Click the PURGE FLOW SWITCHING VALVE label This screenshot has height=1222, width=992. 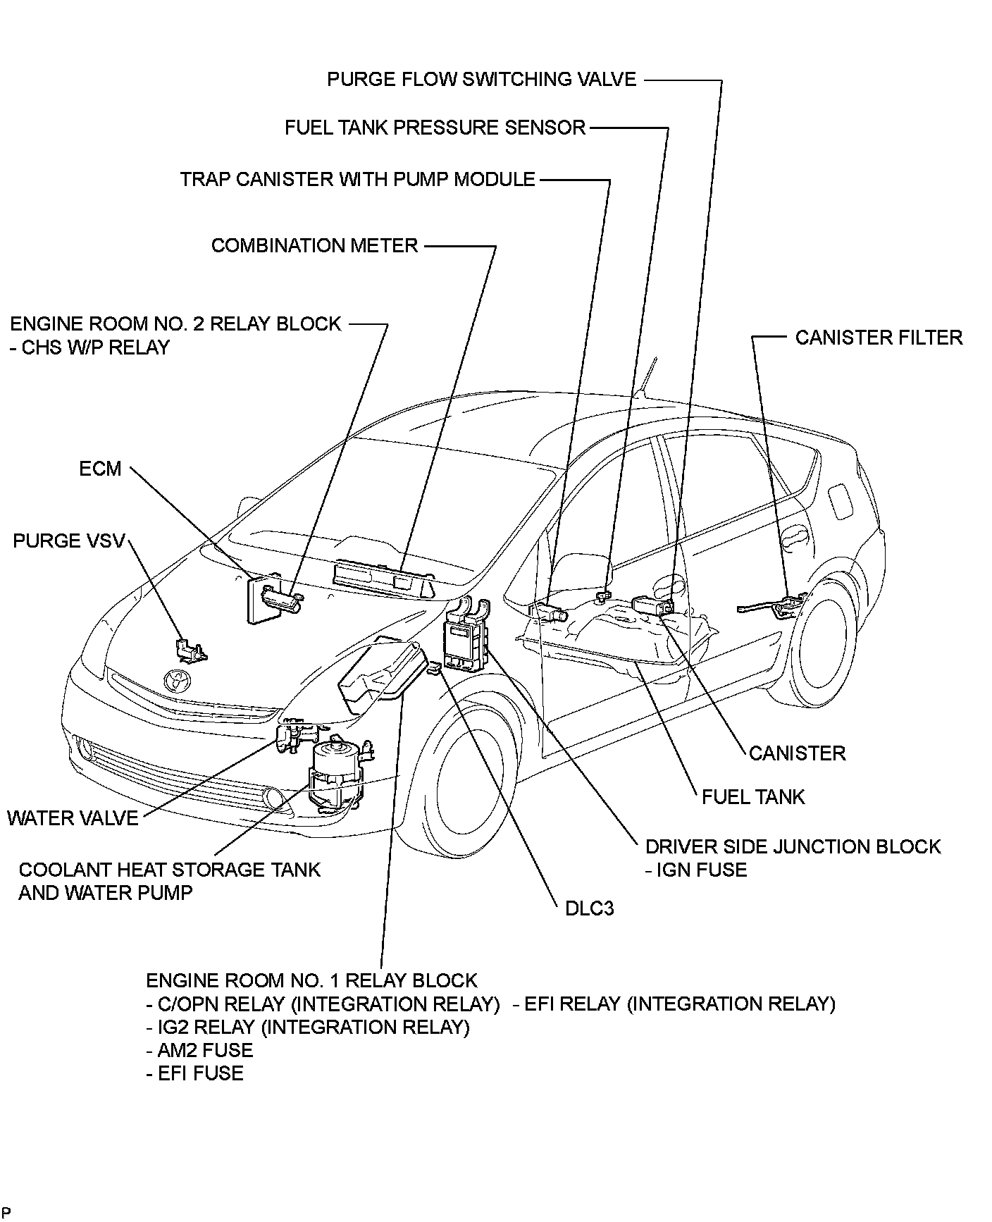(481, 79)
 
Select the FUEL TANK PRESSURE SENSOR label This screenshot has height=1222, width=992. (435, 128)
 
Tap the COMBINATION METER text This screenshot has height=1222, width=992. (314, 245)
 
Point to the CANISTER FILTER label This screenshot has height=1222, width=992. (879, 338)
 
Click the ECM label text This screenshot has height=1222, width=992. (100, 469)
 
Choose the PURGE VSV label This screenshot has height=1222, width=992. (68, 541)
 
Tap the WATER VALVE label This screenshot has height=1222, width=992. (73, 818)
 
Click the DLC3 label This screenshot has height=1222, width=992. (590, 908)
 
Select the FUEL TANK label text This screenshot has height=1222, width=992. (752, 797)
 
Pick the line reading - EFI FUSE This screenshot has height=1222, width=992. (194, 1073)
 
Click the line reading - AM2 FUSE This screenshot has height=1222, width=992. (199, 1050)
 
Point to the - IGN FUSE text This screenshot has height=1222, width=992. (695, 870)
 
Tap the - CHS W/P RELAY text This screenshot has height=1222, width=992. (89, 347)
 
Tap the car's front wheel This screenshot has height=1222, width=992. (471, 782)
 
